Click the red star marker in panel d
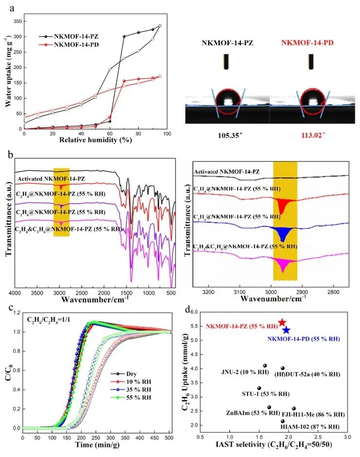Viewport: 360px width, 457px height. point(282,323)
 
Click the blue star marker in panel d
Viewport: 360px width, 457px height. point(286,330)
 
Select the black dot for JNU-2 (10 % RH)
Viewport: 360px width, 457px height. point(265,366)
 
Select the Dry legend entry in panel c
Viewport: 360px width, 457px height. point(122,373)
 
